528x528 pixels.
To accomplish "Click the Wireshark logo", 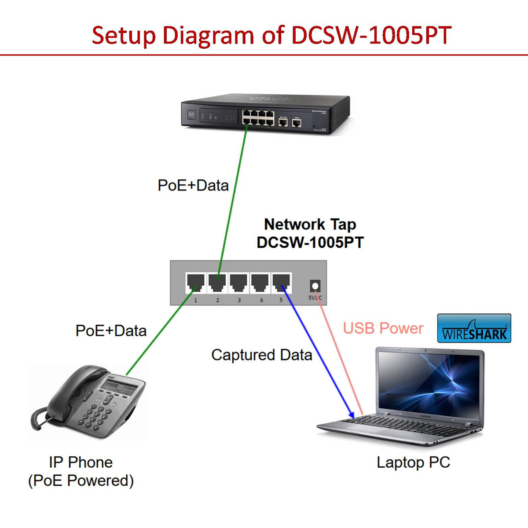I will pos(474,328).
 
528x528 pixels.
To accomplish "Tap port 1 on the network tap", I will pos(195,282).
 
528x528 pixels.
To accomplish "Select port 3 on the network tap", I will pos(238,282).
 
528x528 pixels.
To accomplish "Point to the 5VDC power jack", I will pos(315,286).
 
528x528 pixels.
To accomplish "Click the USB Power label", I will pos(383,328).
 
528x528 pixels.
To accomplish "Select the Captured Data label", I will pos(261,355).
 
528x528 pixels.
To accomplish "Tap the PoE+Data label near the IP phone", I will pos(111,330).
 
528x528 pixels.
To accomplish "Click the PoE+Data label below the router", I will pos(193,185).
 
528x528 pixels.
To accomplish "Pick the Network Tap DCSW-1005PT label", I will pos(310,233).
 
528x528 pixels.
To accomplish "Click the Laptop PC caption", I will pos(413,462).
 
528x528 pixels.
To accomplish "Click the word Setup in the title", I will pos(124,35).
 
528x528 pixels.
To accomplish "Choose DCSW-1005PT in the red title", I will pos(371,35).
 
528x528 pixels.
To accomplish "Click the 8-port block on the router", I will pos(258,117).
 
